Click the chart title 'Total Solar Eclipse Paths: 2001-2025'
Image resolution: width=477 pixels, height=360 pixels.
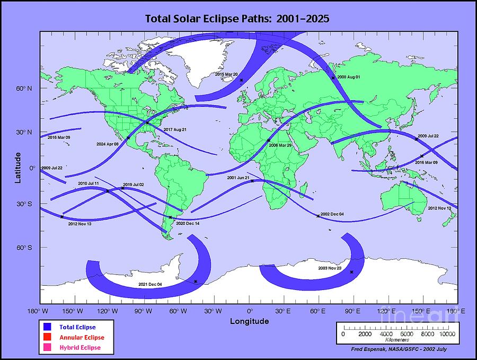238,19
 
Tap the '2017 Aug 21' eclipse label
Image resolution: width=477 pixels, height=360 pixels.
175,130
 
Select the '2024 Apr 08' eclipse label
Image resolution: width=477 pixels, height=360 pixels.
108,144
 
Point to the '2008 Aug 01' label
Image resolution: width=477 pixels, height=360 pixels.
349,77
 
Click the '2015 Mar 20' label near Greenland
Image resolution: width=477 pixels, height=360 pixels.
227,74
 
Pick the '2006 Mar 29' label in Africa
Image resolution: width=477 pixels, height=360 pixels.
280,145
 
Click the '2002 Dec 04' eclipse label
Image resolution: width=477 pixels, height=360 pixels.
332,214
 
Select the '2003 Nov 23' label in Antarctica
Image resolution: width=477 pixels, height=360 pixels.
330,269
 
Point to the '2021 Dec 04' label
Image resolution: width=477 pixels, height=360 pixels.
150,285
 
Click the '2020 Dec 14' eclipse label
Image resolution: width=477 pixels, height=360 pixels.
188,224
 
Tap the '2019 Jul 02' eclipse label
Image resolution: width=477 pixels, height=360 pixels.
133,185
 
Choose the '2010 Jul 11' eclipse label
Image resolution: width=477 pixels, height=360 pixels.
89,183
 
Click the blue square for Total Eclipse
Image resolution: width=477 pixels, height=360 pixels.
47,327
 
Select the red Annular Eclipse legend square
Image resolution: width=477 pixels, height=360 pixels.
47,337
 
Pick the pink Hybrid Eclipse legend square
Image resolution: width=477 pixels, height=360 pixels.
47,347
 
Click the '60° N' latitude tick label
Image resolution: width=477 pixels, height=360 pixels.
24,89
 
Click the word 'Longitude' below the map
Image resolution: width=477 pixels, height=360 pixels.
249,321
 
